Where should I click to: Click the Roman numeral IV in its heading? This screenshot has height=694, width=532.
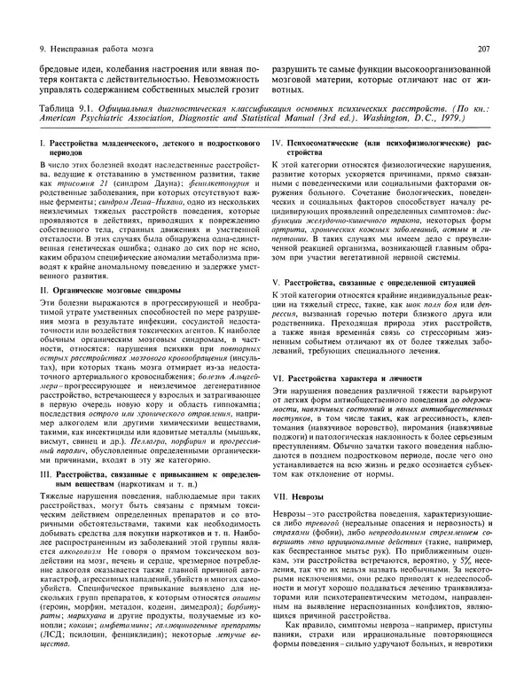277,142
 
